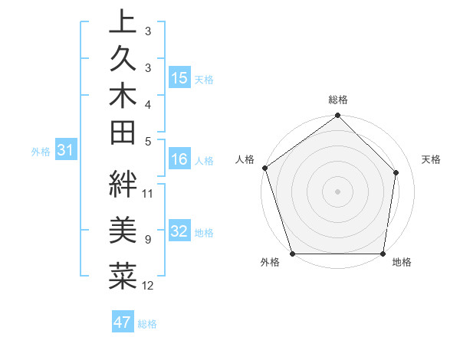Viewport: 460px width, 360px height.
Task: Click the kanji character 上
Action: [x=123, y=23]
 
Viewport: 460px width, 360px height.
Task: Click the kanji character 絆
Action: [x=123, y=184]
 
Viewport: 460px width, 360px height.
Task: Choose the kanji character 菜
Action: [x=123, y=276]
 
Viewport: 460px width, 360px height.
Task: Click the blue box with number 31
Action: [x=66, y=151]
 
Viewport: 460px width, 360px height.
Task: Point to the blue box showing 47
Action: [x=123, y=322]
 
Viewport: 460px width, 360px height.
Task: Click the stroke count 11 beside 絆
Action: [x=148, y=193]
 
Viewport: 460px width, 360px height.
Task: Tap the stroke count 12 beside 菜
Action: [x=148, y=286]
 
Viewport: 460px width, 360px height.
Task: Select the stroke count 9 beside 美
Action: [x=147, y=240]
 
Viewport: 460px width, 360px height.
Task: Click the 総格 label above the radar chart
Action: [x=338, y=100]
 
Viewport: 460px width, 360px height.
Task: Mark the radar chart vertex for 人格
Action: [x=264, y=168]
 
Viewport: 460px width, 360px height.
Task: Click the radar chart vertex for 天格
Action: [x=396, y=172]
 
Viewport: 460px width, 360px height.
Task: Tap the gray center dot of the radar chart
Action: [x=337, y=191]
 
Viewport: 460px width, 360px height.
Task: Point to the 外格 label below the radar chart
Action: [x=270, y=263]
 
